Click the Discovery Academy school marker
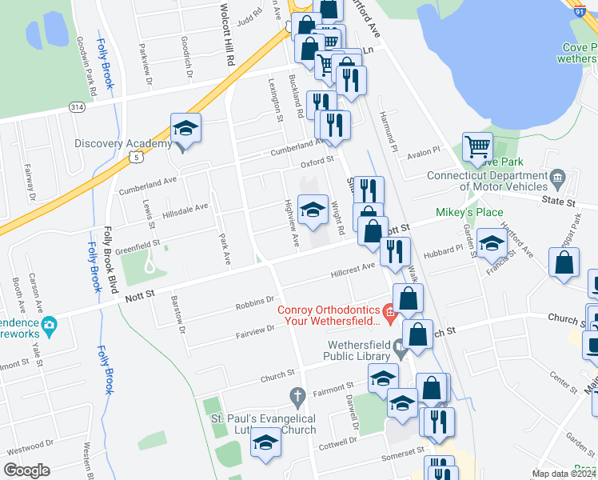coord(185,129)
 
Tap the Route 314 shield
coord(77,106)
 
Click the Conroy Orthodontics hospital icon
coord(389,310)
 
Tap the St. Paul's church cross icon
coord(297,395)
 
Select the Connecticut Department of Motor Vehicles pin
coord(559,176)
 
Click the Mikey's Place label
coord(469,212)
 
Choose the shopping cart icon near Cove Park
coord(478,146)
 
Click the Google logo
coord(26,470)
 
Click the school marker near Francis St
coord(491,242)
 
